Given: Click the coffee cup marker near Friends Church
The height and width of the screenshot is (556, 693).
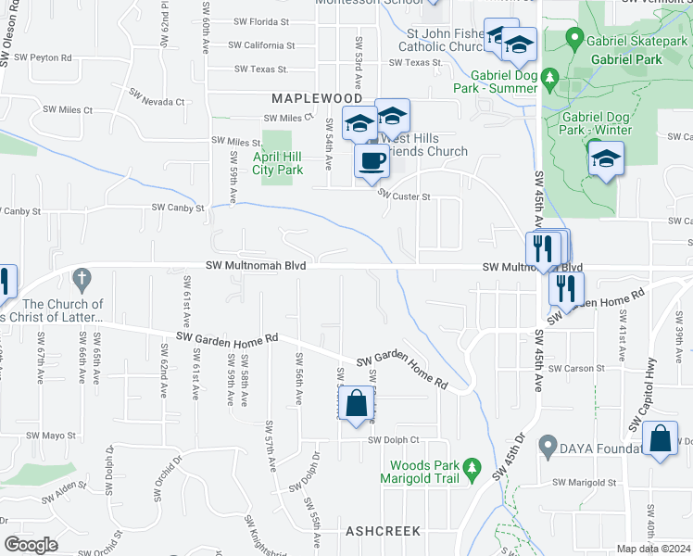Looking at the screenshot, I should click(372, 161).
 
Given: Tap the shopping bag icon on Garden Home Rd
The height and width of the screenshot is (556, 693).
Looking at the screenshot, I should click(357, 404).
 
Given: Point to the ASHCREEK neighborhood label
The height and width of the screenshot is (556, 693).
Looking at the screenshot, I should click(383, 531).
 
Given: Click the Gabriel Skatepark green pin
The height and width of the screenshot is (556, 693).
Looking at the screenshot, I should click(574, 40).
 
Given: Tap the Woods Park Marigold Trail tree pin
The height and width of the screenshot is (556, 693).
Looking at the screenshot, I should click(472, 471).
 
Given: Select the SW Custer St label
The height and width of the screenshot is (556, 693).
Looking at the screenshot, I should click(404, 196).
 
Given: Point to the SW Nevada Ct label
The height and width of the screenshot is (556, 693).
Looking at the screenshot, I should click(151, 95).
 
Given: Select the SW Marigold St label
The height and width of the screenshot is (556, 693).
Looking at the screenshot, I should click(585, 483).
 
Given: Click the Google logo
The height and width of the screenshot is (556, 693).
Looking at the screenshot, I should click(31, 545).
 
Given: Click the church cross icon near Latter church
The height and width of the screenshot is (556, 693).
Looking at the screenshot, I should click(82, 277).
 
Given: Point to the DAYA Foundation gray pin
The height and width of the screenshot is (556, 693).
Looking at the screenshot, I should click(548, 448).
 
